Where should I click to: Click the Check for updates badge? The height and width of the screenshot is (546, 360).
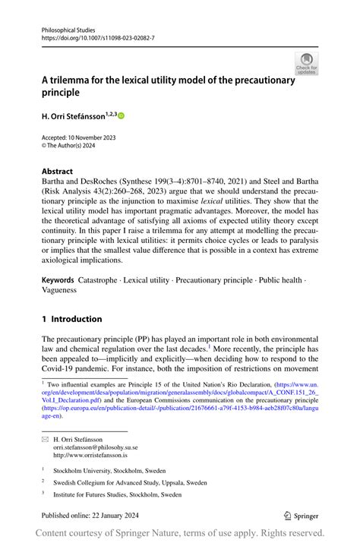click(x=306, y=63)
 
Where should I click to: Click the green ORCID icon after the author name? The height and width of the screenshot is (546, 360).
click(x=120, y=115)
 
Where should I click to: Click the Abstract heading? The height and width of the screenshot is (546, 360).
click(x=58, y=172)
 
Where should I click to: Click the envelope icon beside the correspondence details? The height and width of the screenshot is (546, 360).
click(x=45, y=440)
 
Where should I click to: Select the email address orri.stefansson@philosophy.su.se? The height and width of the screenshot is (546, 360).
click(x=96, y=449)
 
